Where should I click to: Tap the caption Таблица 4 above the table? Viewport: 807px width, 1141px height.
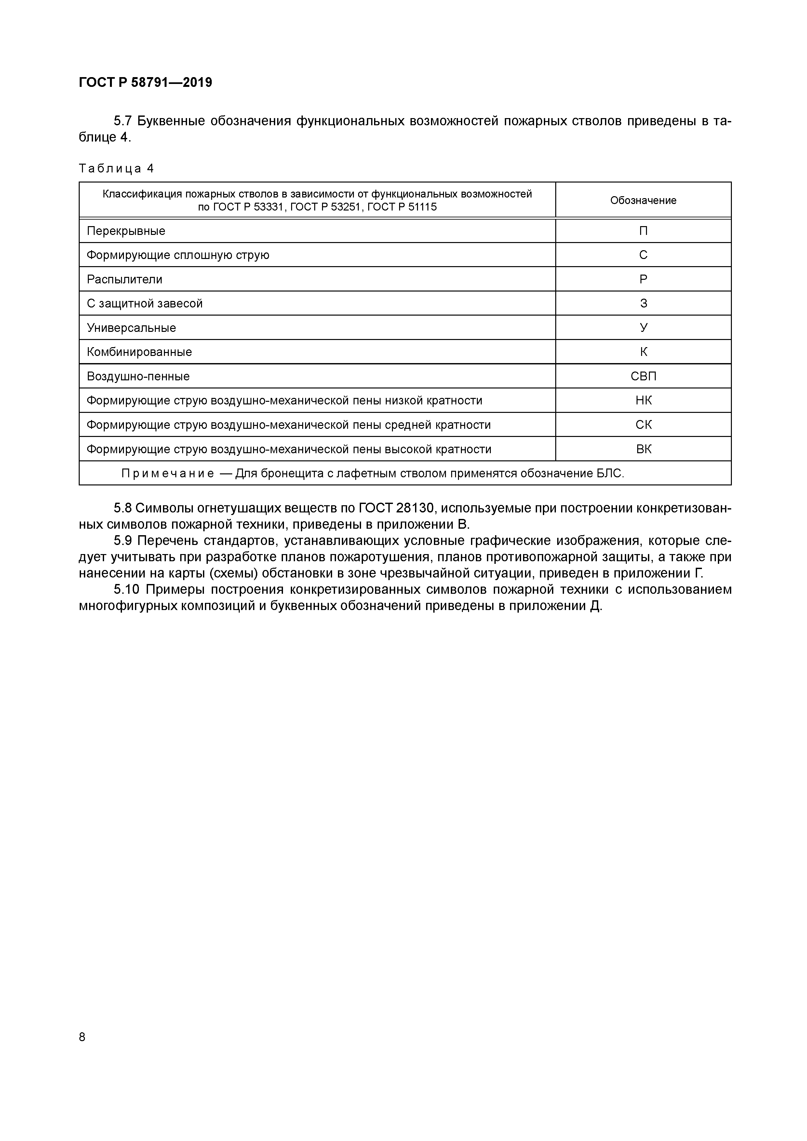tap(116, 169)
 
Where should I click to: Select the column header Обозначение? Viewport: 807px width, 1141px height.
tap(643, 200)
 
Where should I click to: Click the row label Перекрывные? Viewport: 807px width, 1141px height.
tap(126, 231)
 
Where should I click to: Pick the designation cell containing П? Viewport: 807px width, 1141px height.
tap(643, 231)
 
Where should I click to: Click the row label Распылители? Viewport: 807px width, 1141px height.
tap(124, 279)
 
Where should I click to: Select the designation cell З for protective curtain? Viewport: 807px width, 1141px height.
tap(643, 304)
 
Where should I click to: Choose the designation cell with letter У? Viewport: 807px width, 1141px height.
tap(643, 328)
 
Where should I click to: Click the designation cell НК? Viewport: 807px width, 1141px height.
tap(643, 401)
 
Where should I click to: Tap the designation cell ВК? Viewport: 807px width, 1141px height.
tap(643, 449)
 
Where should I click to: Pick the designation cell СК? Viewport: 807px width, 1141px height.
tap(643, 425)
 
